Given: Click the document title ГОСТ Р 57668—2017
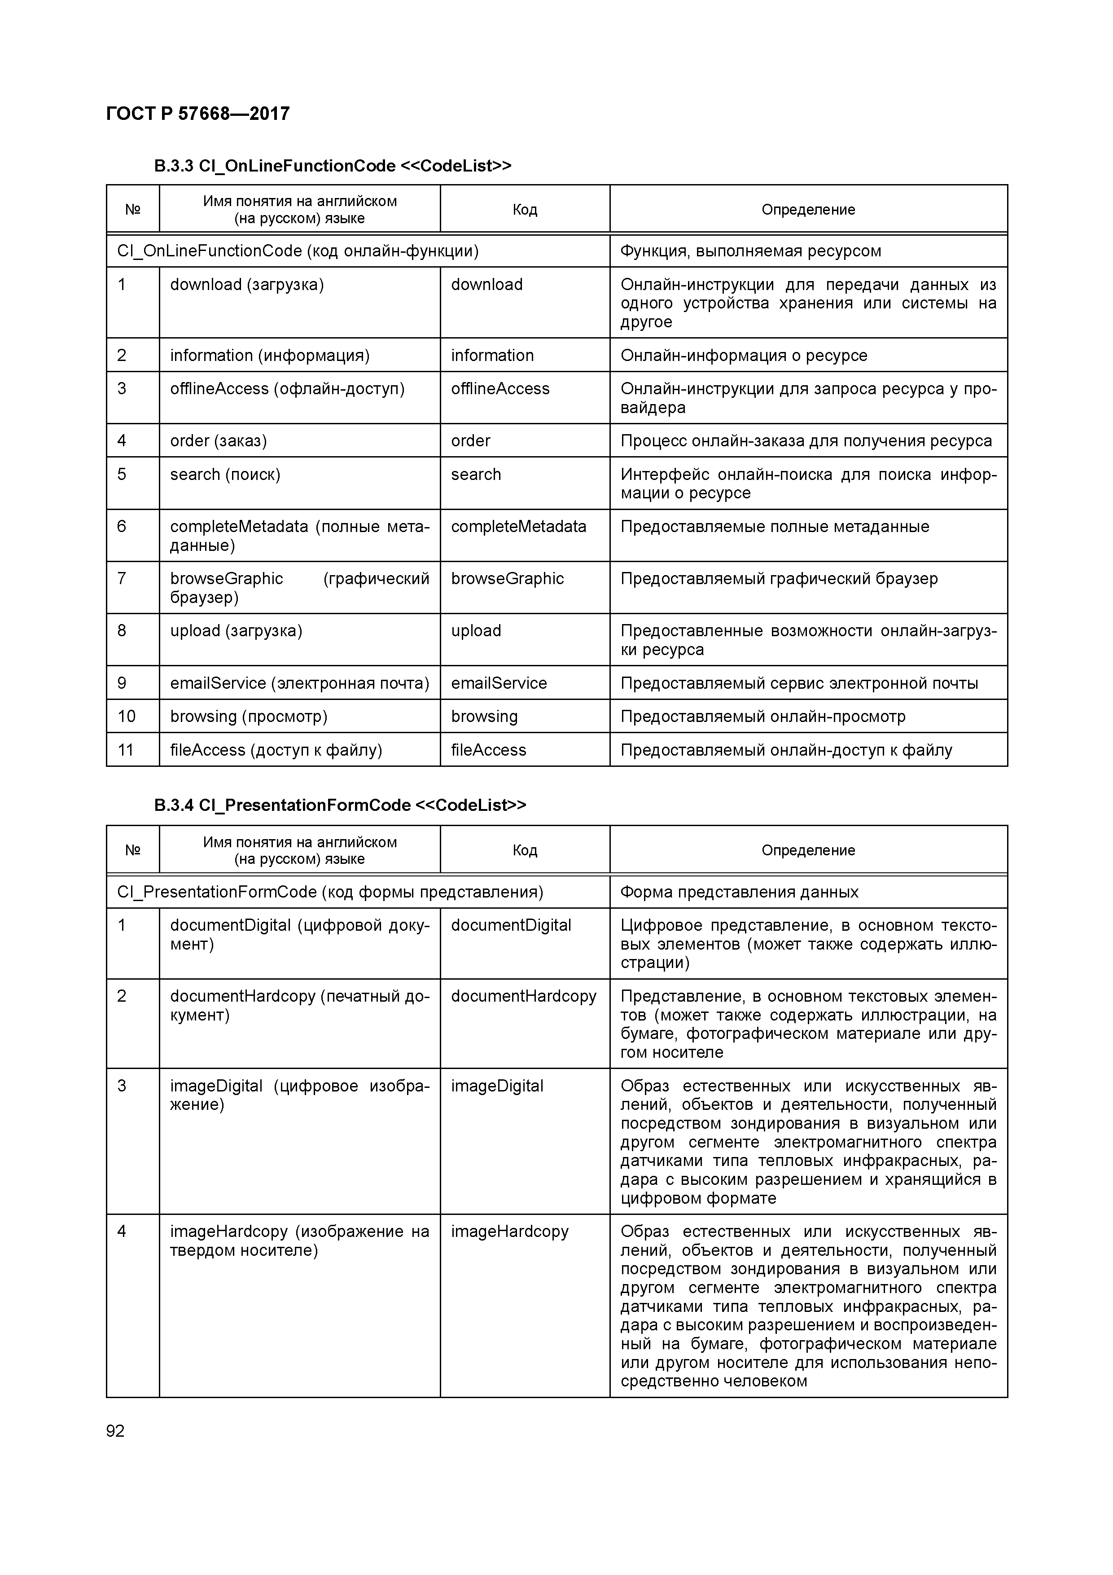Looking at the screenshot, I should [198, 113].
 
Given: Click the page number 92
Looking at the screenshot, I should [115, 1430].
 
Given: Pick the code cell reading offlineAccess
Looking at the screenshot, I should [500, 389].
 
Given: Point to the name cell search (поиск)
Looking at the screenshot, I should [225, 475].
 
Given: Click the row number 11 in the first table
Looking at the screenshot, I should [126, 750].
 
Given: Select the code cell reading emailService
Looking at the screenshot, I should [499, 683].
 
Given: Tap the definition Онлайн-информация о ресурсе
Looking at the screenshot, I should [743, 355].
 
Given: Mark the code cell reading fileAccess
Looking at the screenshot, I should [488, 750].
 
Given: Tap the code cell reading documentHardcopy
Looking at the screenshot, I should [523, 996].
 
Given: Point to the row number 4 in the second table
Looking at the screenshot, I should [122, 1232].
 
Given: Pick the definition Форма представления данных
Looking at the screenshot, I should [739, 892].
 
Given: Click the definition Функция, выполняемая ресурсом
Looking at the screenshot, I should [750, 251].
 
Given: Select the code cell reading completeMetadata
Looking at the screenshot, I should [518, 527].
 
